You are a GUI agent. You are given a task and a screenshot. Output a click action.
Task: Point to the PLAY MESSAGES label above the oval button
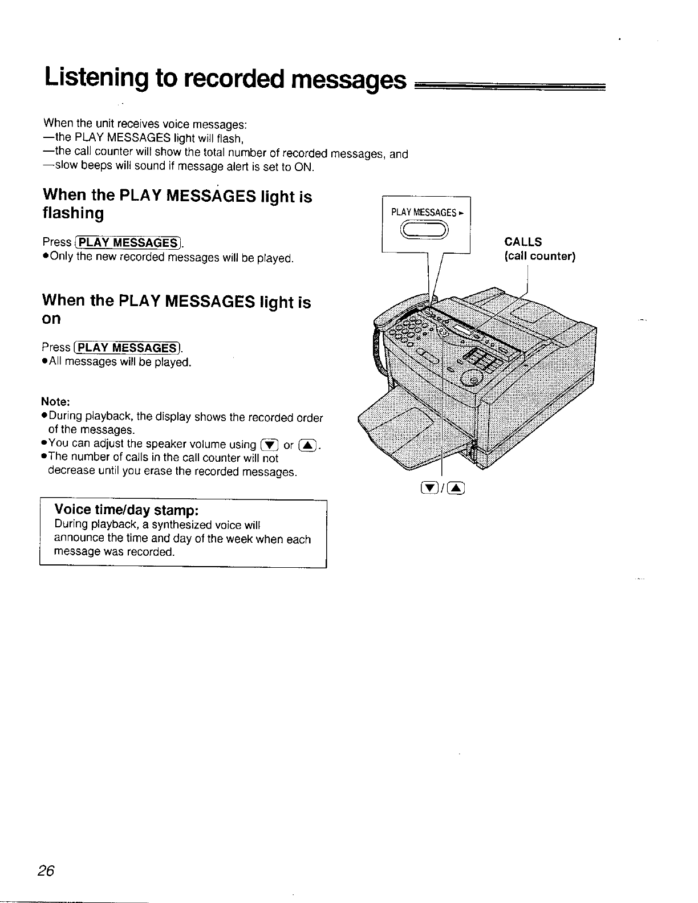(424, 213)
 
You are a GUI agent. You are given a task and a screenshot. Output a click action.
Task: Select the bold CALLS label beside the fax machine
(523, 242)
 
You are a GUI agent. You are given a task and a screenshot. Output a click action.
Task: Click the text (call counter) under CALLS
(539, 256)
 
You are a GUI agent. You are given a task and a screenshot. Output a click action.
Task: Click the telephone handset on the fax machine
(399, 311)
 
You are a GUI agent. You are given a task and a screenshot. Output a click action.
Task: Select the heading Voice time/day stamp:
(125, 509)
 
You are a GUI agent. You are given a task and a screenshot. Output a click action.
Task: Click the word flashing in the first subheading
(74, 214)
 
